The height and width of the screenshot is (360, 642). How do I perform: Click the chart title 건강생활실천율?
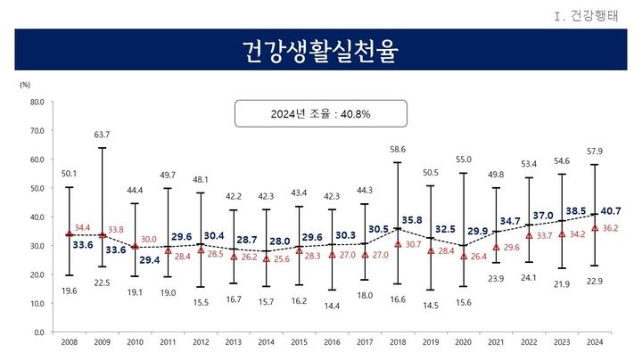pos(320,50)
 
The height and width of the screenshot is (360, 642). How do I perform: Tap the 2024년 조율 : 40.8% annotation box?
pos(320,114)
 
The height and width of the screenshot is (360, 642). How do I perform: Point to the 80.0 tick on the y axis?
pos(37,102)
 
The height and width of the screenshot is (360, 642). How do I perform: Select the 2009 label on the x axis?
pos(102,341)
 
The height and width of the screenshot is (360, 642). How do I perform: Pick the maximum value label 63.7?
pos(102,135)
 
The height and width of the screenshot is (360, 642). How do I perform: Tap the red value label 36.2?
pos(611,228)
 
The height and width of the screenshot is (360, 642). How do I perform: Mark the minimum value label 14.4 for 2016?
pos(332,305)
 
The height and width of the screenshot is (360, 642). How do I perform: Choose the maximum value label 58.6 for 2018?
pos(398,150)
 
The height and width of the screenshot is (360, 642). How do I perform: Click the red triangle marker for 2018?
pos(398,243)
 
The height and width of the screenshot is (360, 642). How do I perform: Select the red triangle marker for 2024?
pos(595,227)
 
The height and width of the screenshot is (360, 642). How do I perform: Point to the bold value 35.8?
pos(413,219)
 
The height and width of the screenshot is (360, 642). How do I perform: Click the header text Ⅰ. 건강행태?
pos(602,14)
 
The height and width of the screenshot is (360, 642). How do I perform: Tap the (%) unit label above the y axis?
pos(25,84)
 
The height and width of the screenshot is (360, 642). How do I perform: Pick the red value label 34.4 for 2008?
pos(82,228)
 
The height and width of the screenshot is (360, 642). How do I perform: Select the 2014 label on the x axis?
pos(266,341)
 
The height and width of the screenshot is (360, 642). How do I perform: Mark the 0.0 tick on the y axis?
pos(38,331)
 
